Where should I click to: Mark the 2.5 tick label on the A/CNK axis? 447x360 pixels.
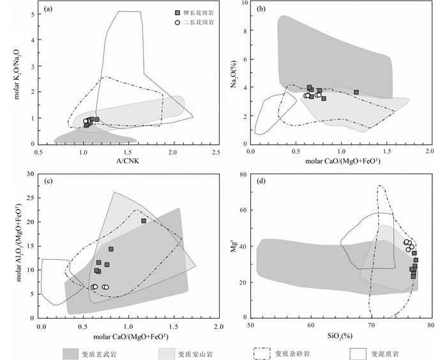[216, 151]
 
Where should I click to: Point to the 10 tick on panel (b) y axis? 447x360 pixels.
[243, 4]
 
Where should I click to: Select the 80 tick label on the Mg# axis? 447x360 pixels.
[243, 175]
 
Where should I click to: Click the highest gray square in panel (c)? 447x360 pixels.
[144, 221]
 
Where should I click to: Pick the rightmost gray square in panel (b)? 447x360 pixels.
[356, 92]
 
